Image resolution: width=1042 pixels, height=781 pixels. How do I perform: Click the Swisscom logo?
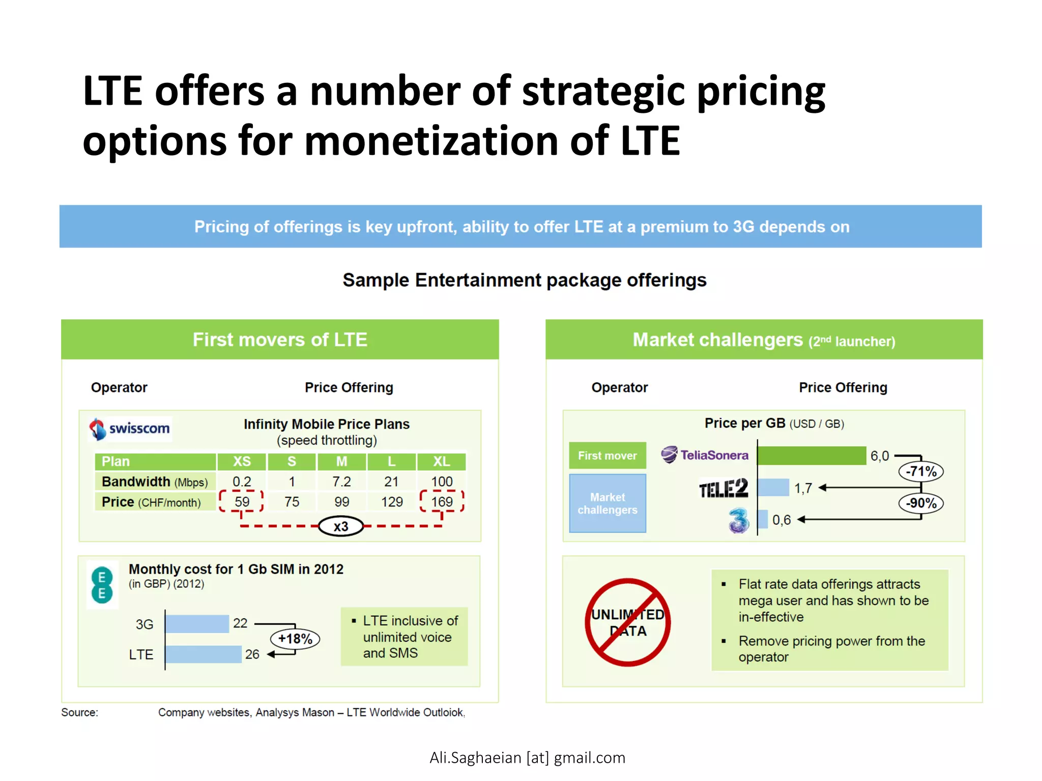point(130,429)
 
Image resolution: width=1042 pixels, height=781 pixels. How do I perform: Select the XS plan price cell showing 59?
point(242,502)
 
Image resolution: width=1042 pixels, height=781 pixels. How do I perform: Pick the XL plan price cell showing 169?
point(442,502)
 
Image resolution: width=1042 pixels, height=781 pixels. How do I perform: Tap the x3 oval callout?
point(341,526)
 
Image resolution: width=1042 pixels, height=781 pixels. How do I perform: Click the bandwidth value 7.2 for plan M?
point(341,482)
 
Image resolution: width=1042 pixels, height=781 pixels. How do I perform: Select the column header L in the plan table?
point(391,461)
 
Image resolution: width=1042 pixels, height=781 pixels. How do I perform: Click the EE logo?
point(102,585)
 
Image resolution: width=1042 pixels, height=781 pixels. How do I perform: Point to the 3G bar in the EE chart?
point(197,624)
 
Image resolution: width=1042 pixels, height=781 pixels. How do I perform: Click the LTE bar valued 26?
point(204,654)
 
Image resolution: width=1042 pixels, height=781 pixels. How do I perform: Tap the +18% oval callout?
point(295,639)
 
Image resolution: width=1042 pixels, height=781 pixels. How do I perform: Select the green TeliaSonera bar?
point(812,456)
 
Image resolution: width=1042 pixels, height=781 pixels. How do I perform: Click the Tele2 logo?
point(723,489)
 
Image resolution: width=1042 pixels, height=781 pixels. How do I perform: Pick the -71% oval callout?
point(921,471)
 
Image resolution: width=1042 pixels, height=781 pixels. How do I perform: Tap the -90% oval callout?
point(921,503)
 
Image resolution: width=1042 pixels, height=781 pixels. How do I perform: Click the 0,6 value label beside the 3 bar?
point(781,520)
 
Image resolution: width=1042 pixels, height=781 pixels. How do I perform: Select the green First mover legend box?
point(607,456)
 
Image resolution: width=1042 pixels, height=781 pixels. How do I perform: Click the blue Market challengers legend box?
point(607,503)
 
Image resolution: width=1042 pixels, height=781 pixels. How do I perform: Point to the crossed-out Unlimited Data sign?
point(628,622)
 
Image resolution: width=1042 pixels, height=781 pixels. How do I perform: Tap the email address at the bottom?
point(527,758)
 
